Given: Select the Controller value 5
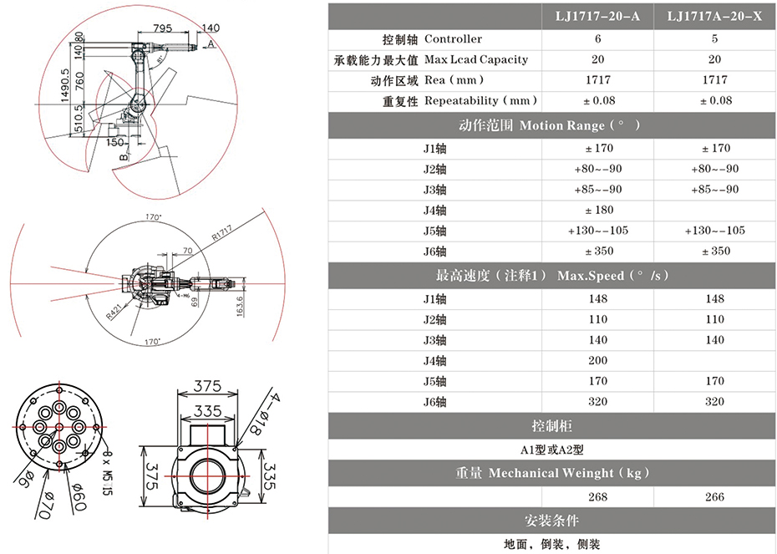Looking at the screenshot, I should point(715,38).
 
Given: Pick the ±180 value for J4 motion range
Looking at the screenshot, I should point(598,210).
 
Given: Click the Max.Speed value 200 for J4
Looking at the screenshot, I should point(598,360).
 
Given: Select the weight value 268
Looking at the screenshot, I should point(598,497).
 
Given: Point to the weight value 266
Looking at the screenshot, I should point(715,497).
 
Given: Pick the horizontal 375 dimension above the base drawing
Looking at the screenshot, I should point(208,386).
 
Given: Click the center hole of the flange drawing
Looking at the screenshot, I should point(58,426).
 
